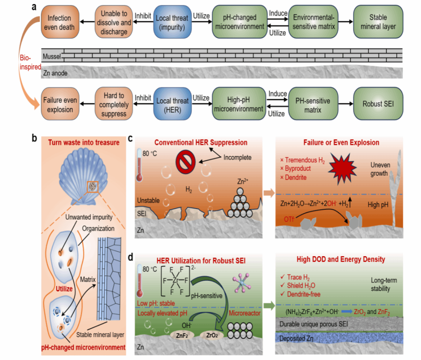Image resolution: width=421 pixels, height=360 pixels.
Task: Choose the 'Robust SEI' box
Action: (x=378, y=103)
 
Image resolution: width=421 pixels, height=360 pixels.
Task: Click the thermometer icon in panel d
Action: (x=141, y=280)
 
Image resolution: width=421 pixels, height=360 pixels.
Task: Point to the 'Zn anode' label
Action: (x=55, y=73)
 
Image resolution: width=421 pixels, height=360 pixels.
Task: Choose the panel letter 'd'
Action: (x=131, y=258)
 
